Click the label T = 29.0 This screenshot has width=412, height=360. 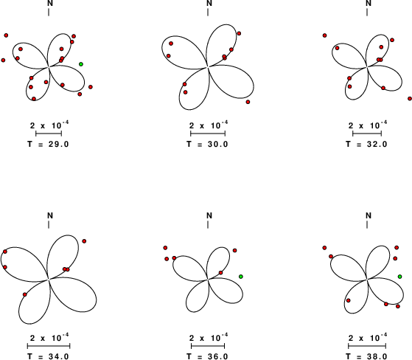point(49,144)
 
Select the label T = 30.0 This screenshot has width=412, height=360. point(208,144)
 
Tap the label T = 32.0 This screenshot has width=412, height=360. point(367,144)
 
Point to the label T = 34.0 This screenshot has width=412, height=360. point(49,356)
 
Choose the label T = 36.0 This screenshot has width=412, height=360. point(208,356)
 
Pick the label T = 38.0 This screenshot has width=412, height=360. point(367,356)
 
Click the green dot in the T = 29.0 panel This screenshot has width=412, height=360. point(81,64)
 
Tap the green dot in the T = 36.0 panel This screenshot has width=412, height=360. point(241,277)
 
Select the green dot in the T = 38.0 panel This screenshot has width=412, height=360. point(399,277)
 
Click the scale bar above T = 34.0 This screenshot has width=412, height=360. point(49,345)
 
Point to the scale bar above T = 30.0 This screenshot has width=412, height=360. point(208,134)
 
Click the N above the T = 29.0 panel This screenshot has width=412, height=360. point(50,3)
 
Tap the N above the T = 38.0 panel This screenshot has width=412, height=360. point(369,215)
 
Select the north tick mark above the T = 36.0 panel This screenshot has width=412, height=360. point(208,224)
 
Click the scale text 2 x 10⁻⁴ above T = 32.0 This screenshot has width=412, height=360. point(368,125)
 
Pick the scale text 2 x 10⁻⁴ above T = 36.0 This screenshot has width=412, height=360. point(209,337)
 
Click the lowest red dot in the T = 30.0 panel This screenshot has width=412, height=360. point(248,102)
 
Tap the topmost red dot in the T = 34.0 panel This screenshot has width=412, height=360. point(84,241)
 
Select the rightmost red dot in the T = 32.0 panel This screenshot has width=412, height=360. point(410,99)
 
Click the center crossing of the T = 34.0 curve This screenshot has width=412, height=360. point(49,280)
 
